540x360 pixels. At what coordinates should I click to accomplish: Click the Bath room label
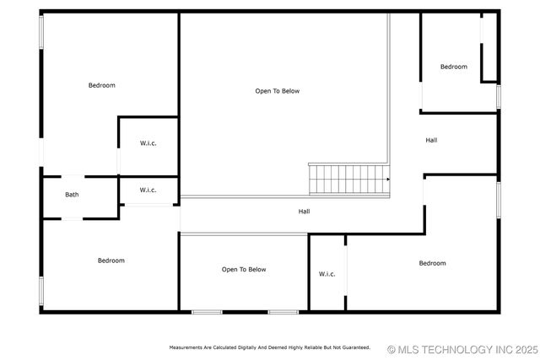coord(73,195)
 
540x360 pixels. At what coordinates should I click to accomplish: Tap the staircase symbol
coord(348,179)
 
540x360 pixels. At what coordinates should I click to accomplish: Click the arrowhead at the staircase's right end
coord(388,179)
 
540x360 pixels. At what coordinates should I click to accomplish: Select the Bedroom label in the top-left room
coord(102,85)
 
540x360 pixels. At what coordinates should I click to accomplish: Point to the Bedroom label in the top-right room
coord(454,67)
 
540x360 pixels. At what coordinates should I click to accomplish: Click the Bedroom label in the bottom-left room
coord(111,261)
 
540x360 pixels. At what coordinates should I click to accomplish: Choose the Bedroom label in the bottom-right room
coord(433,263)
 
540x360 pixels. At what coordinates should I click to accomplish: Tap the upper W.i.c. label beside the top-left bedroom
coord(148,143)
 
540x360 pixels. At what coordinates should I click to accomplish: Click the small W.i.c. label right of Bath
coord(148,190)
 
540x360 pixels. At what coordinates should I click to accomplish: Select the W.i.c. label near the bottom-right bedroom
coord(327,274)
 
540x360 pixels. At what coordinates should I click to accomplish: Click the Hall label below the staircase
coord(304,211)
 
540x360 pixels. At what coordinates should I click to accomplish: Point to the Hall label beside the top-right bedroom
coord(431,140)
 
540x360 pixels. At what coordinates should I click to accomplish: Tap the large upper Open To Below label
coord(278,91)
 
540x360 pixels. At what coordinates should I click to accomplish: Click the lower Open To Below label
coord(244,270)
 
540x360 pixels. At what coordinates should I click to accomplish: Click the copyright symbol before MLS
coord(391,348)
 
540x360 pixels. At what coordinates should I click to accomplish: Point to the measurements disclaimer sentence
coord(270,347)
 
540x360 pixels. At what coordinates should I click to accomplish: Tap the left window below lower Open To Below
coord(207,312)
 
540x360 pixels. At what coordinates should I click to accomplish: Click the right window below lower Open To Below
coord(283,312)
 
